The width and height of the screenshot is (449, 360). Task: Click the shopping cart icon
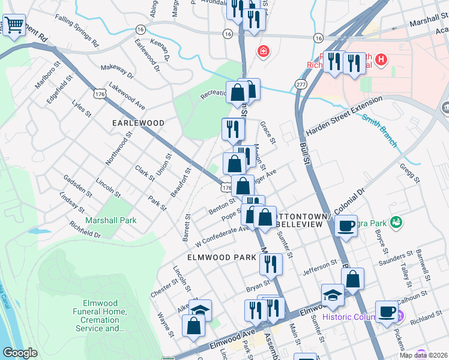[13, 25]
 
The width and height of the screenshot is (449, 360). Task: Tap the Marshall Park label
[111, 220]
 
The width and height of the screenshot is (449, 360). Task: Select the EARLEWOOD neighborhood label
[138, 122]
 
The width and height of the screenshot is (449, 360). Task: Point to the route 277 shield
[301, 85]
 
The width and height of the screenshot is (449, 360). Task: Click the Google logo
[20, 353]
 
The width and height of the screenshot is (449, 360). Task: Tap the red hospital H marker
[382, 59]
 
